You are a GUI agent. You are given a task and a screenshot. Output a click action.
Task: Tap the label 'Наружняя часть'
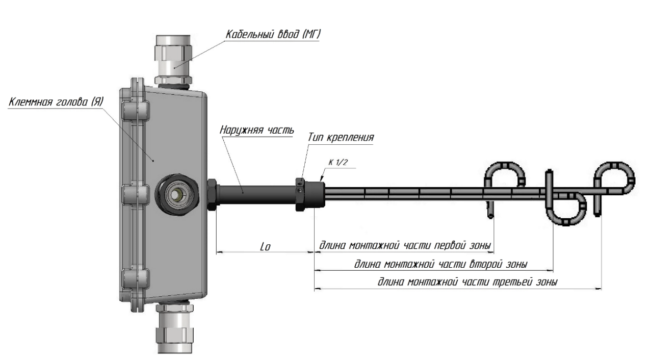(257, 130)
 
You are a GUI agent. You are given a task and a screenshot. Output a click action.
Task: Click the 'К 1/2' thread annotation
(337, 162)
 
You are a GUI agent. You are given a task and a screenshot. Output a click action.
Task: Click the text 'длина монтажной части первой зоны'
(405, 246)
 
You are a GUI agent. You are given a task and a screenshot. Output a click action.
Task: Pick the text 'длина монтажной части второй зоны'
(440, 264)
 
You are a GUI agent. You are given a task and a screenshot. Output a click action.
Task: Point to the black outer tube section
(255, 194)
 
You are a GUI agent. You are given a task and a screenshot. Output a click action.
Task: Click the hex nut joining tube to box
(212, 194)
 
